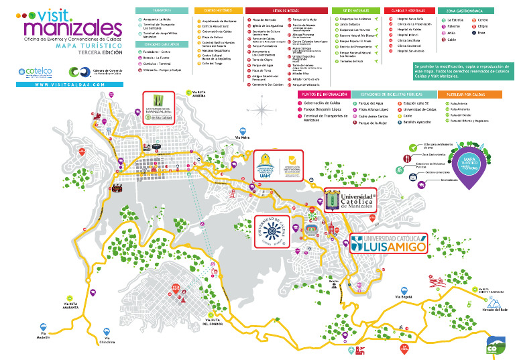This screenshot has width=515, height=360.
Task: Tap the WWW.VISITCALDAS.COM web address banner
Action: click(x=69, y=85)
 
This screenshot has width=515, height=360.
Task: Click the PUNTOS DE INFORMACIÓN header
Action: click(x=323, y=95)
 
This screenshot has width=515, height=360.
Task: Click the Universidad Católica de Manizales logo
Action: click(x=351, y=200)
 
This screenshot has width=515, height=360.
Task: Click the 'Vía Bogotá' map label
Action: click(x=402, y=296)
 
